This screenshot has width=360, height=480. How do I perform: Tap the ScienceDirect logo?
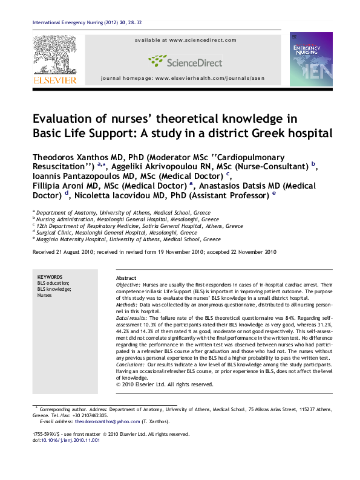(182, 60)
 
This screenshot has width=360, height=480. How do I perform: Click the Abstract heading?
(126, 277)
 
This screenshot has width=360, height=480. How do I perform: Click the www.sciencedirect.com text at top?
(203, 40)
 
